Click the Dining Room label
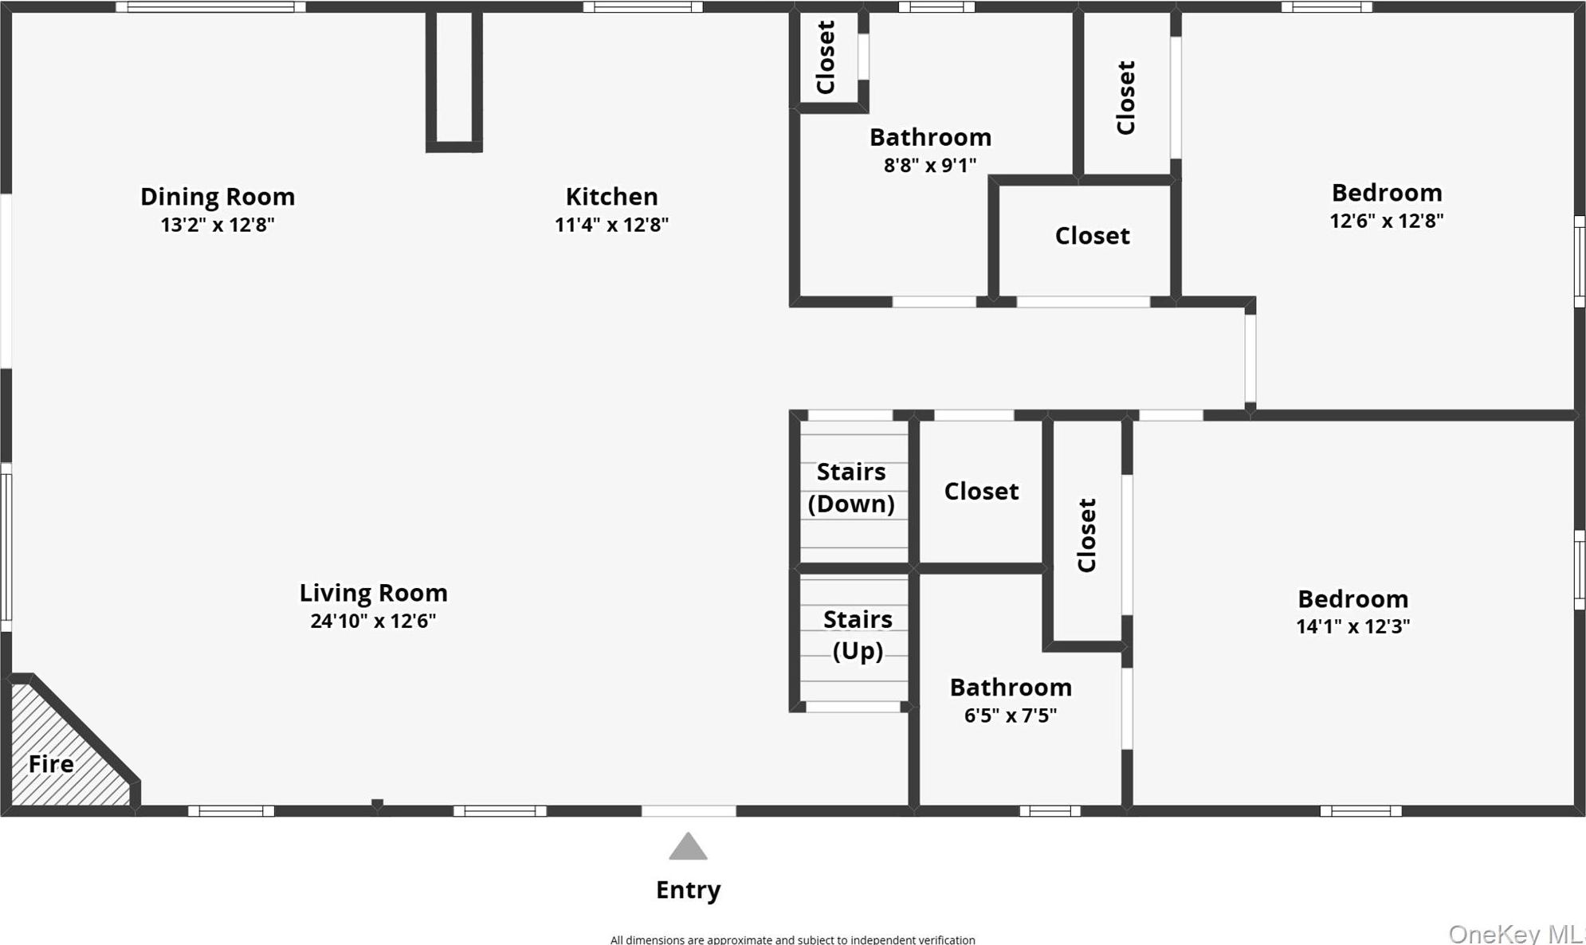218,196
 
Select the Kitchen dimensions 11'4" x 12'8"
611,225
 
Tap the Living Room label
373,593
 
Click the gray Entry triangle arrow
688,847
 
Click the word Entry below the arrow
688,889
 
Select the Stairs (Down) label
851,488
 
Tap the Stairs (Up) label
857,635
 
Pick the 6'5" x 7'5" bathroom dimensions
1011,716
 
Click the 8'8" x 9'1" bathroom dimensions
930,165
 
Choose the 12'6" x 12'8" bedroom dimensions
1386,221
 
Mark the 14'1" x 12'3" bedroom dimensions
1352,626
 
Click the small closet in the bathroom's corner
826,57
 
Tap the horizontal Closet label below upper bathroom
1092,236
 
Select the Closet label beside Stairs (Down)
981,491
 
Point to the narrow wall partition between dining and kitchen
454,80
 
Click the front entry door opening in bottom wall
689,811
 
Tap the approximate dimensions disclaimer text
792,939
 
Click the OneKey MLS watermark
1515,933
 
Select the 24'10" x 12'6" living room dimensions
373,621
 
